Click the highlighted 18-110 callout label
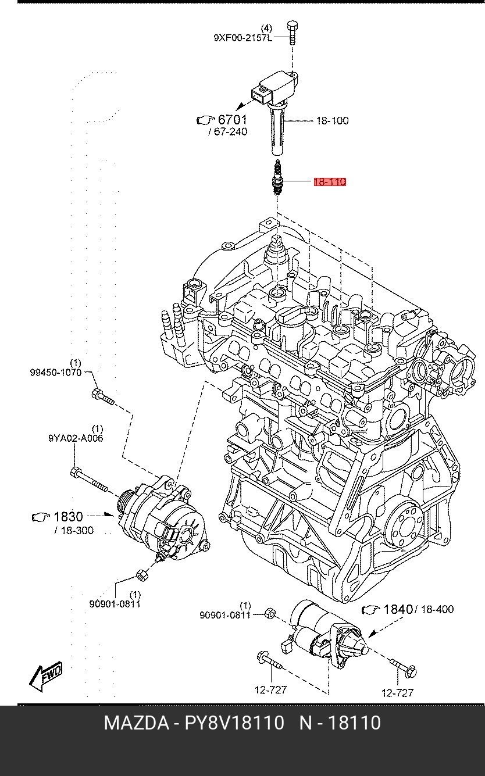point(330,182)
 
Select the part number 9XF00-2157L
point(243,38)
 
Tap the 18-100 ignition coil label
point(332,121)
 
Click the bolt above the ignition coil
point(293,33)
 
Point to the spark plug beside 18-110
point(277,177)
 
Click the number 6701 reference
point(232,120)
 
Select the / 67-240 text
point(228,131)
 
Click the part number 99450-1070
point(56,373)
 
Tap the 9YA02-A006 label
point(76,438)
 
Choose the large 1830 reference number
point(68,517)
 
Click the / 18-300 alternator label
point(74,530)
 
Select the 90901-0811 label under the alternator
point(115,604)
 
